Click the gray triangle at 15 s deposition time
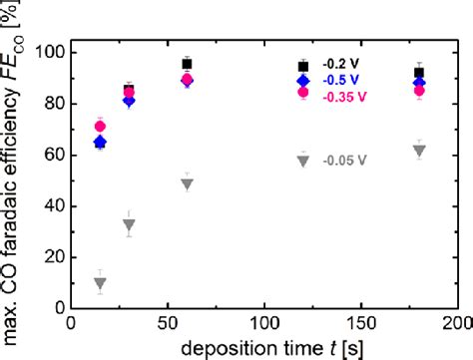(100, 283)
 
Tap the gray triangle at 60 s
(187, 183)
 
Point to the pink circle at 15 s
(100, 127)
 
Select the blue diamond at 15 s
(100, 143)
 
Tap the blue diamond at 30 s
(129, 101)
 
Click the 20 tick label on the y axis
(51, 256)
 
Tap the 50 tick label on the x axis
(167, 325)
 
